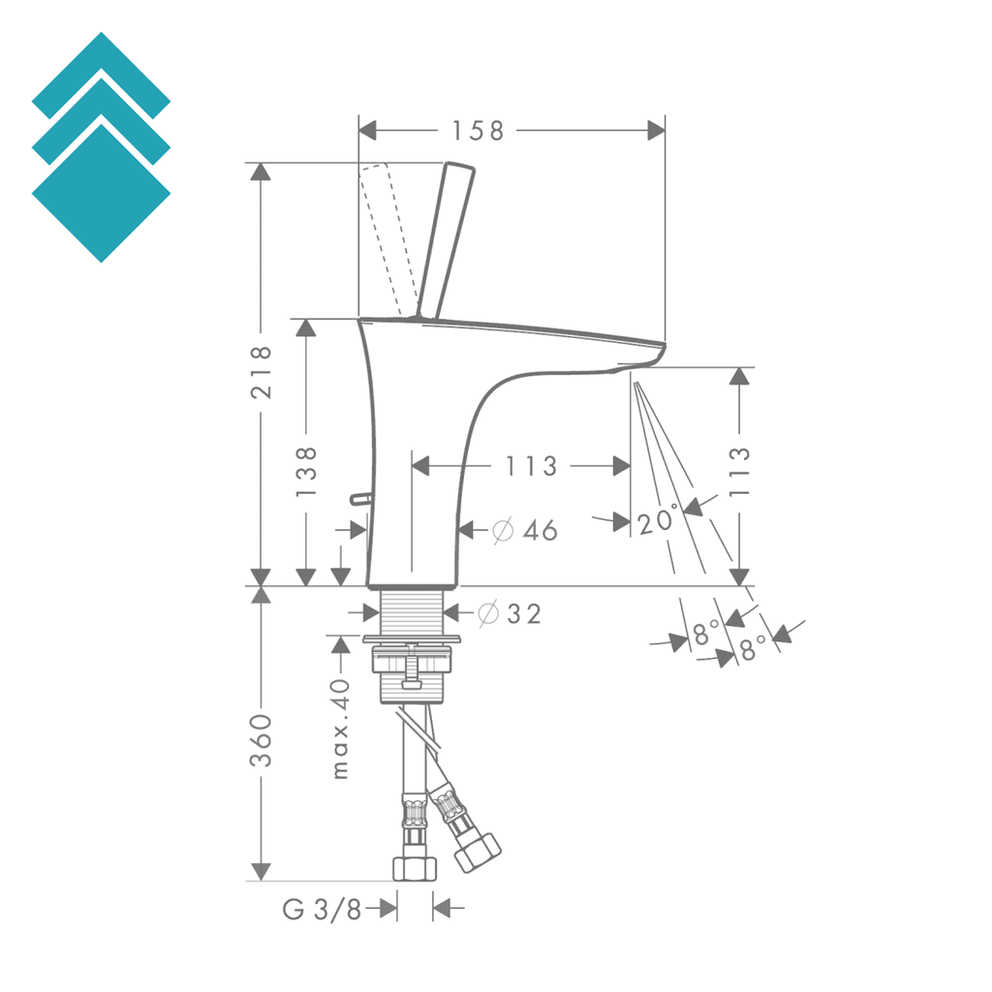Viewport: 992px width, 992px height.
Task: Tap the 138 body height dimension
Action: point(306,471)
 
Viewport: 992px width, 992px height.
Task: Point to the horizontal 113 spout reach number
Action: point(531,466)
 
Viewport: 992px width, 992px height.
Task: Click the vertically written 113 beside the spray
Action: point(739,471)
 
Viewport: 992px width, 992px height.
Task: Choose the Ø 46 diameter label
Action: point(524,530)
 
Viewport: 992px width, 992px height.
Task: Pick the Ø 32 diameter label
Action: point(510,613)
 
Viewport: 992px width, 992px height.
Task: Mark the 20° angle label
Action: point(658,521)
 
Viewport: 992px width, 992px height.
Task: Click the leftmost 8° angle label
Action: point(706,635)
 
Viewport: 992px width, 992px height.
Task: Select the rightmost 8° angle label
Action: point(753,648)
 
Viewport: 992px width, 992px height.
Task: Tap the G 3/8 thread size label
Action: point(322,909)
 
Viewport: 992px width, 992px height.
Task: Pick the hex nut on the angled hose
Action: point(478,853)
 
